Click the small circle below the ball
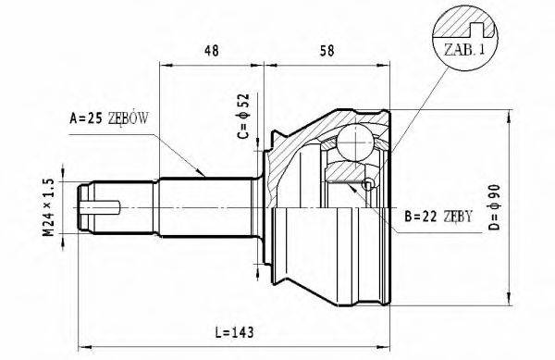coord(369,185)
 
